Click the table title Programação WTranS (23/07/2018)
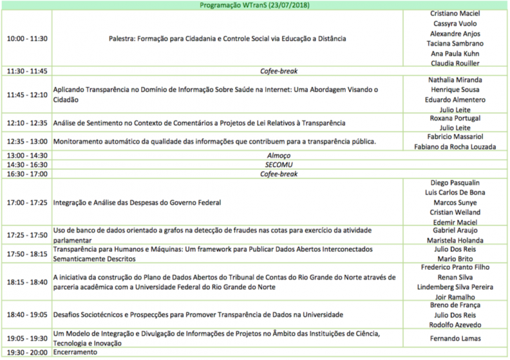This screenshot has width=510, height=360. coord(255,5)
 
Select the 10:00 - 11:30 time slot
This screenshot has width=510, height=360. coord(27,38)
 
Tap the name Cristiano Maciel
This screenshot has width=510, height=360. coord(456,13)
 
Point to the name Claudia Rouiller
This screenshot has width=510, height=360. coord(456,64)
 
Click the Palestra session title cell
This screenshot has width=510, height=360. coord(227,38)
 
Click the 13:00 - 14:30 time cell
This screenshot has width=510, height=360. coord(27,156)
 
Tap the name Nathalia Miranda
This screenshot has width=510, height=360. coord(456,80)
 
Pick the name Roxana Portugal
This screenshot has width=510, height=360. coord(456,118)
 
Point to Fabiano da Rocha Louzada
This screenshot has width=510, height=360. coord(456,147)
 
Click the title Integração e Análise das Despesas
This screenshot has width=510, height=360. coord(137,202)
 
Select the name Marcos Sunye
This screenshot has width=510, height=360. coord(456,202)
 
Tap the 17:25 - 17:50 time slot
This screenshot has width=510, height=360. coord(27,235)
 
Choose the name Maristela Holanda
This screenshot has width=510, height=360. coord(456,240)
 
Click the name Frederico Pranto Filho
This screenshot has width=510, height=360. coord(456,268)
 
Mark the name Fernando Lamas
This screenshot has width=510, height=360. coord(456,339)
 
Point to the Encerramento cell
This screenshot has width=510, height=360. coord(75,353)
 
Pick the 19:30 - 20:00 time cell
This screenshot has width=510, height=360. coord(27,353)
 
